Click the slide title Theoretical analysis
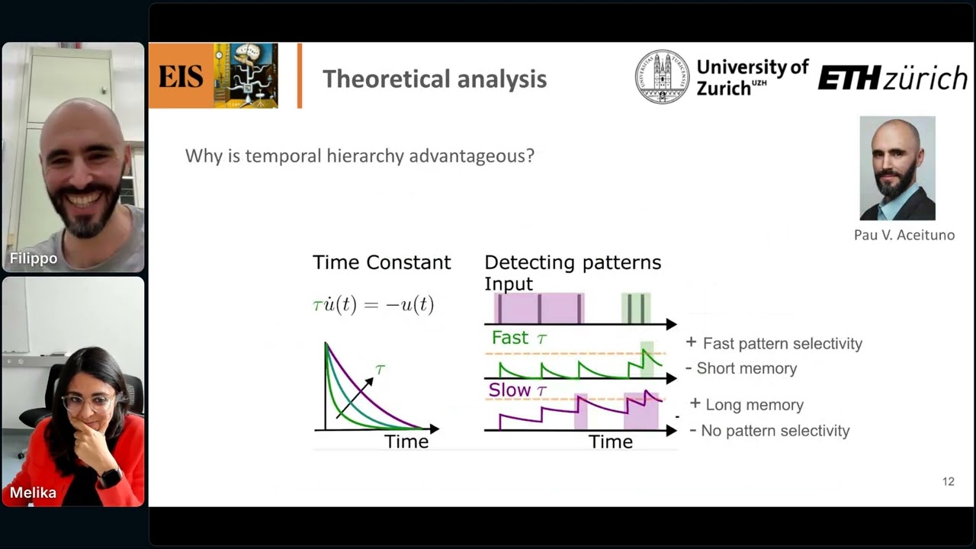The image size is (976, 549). tap(434, 79)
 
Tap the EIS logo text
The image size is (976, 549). tap(181, 77)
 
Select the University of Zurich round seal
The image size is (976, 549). tap(662, 77)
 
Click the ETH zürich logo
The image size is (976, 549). tap(892, 78)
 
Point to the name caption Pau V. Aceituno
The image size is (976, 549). tap(904, 235)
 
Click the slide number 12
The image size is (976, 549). tap(948, 481)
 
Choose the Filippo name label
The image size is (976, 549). tap(33, 259)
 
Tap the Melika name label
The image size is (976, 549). tap(33, 493)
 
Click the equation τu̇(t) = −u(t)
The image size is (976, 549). tap(373, 305)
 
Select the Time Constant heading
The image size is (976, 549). tap(381, 262)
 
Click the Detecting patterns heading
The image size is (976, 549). tap(573, 262)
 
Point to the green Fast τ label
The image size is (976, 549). tap(518, 337)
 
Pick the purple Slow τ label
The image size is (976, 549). tap(518, 390)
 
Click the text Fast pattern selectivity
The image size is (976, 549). tap(782, 343)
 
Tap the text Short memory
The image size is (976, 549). tap(746, 368)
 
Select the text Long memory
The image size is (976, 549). tap(754, 405)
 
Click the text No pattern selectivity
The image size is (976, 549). tap(774, 431)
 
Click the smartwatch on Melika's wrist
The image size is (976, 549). tap(111, 478)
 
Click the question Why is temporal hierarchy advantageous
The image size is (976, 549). tap(359, 156)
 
